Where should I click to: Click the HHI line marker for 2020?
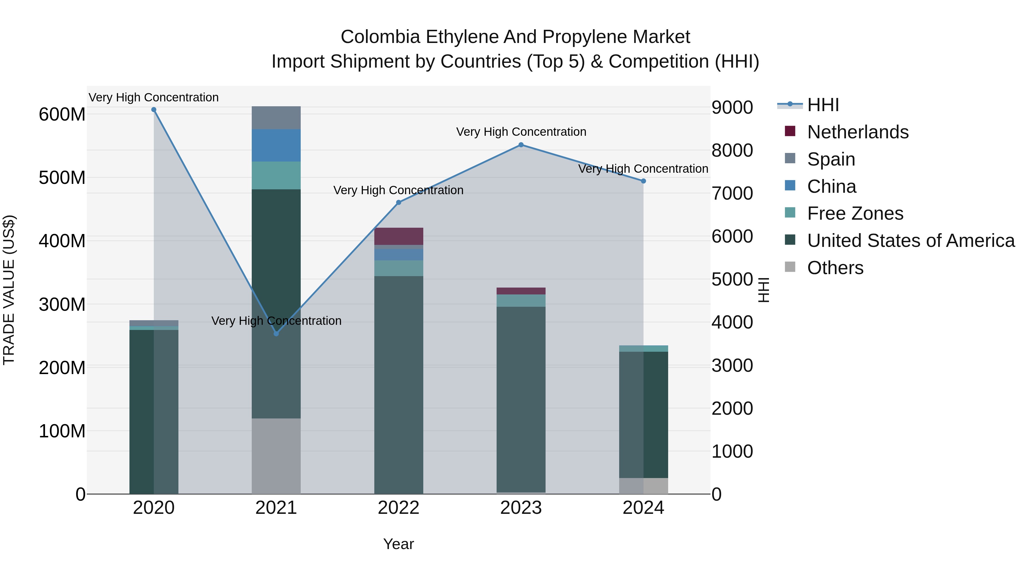[x=154, y=110]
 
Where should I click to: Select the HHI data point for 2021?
[x=276, y=333]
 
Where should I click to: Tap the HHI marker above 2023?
[x=521, y=145]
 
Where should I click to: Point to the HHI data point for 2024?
[x=643, y=181]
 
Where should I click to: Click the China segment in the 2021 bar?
[x=276, y=145]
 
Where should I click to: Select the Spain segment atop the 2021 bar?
[x=276, y=118]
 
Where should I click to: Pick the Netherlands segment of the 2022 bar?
[x=399, y=236]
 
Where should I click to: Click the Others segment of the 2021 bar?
[x=276, y=456]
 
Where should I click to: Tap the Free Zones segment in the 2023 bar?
[x=521, y=301]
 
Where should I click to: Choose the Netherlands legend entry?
[x=858, y=132]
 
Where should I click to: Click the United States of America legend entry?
[x=910, y=241]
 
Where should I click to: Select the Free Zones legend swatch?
[x=790, y=213]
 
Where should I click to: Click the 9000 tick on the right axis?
[x=732, y=107]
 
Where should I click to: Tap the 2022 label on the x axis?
[x=399, y=508]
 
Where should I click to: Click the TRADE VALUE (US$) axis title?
[x=9, y=290]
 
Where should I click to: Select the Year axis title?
[x=399, y=544]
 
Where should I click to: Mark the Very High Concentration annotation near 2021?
[x=276, y=321]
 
